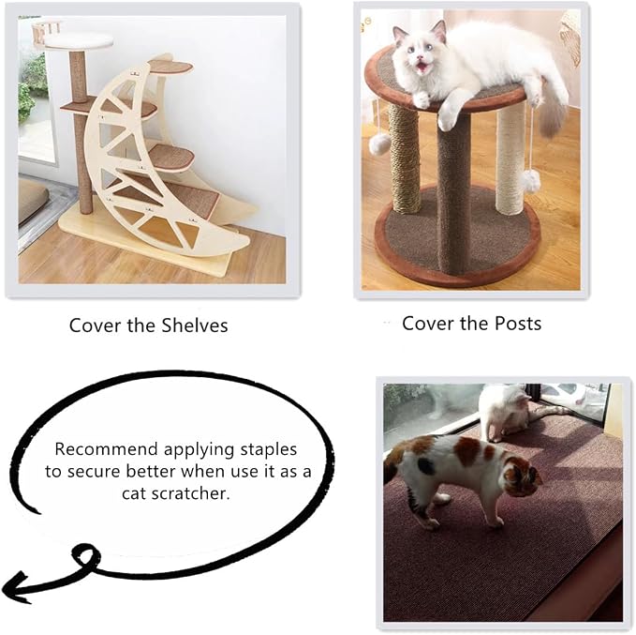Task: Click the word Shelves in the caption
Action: point(194,325)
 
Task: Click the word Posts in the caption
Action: point(518,324)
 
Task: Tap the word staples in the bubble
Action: point(269,450)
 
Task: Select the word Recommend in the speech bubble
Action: point(106,449)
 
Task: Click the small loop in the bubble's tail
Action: point(86,556)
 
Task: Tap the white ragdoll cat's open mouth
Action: point(422,67)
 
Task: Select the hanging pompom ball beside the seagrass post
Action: point(380,144)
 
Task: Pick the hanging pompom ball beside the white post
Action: point(530,181)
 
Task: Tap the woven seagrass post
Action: point(405,159)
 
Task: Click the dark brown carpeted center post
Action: point(454,191)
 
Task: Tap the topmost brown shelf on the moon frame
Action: point(170,67)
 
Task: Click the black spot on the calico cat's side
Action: point(426,465)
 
